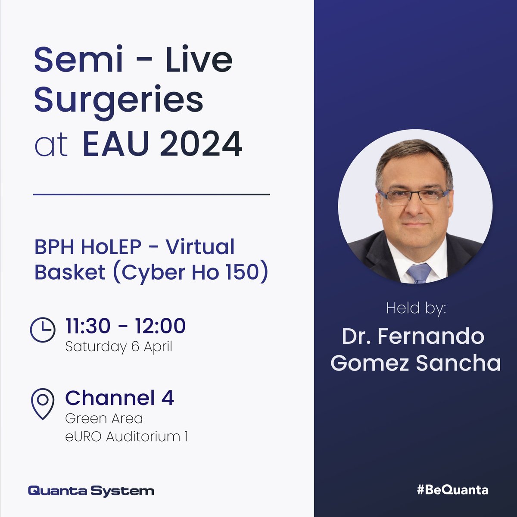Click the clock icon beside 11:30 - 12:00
(43, 330)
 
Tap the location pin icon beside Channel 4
(43, 403)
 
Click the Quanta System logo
(91, 490)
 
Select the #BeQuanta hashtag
(452, 490)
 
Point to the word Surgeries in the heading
(118, 100)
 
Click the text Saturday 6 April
(118, 347)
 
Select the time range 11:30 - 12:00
(125, 326)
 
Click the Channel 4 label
(119, 398)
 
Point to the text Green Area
(104, 418)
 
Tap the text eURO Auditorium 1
(126, 436)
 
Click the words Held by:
(416, 308)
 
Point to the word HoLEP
(117, 247)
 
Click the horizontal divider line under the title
(151, 195)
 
